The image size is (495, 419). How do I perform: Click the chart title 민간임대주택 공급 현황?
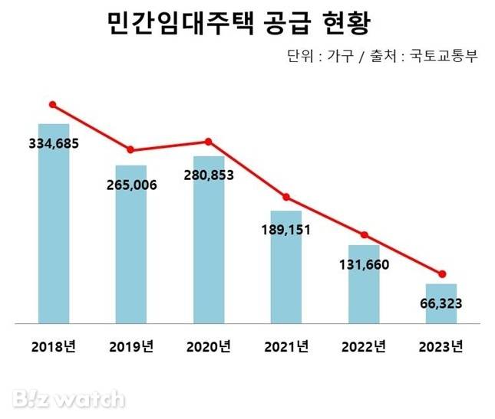238,24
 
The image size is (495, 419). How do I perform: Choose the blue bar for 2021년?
286,276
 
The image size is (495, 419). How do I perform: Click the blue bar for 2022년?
364,295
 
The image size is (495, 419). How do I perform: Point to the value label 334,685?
54,143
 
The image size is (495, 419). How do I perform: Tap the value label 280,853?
209,175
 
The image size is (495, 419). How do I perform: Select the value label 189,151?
286,229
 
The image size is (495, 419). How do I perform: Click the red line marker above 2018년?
53,104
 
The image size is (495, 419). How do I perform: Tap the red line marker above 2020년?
208,142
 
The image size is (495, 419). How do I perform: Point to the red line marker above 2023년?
442,274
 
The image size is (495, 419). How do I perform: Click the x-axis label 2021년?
286,346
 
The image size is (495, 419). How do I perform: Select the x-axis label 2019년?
131,346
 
